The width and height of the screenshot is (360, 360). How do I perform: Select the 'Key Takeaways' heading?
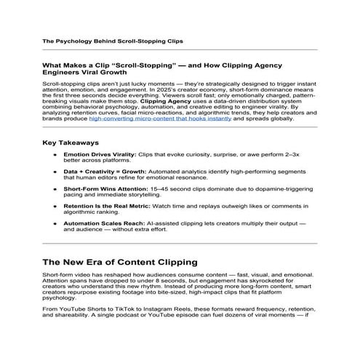[x=71, y=143]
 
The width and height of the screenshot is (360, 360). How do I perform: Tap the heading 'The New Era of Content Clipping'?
[x=126, y=261]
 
